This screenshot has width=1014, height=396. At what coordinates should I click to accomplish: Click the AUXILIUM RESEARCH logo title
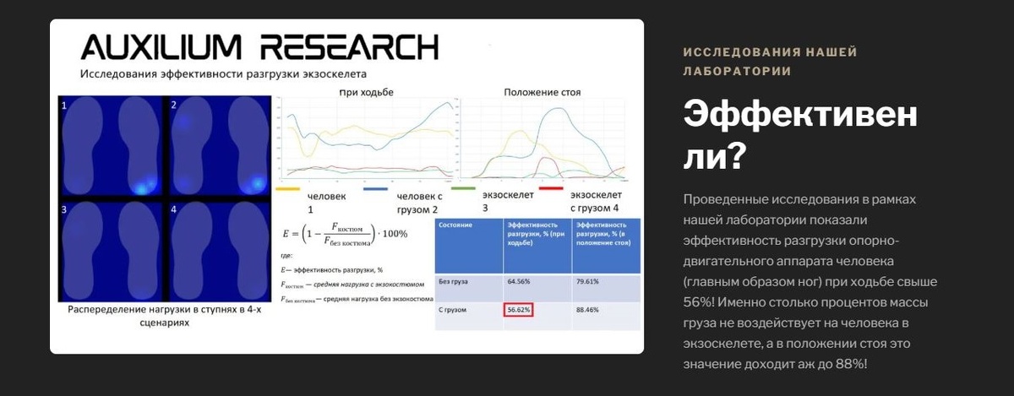tap(259, 46)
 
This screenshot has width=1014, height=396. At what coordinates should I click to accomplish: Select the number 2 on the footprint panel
tap(173, 106)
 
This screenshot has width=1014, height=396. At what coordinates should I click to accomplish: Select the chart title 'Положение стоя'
tap(542, 91)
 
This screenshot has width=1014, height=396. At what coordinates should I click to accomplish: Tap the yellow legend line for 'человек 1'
tap(289, 190)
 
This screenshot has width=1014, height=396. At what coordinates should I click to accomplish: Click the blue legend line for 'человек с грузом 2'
tap(375, 190)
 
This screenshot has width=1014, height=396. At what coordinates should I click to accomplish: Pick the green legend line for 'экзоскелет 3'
tap(464, 190)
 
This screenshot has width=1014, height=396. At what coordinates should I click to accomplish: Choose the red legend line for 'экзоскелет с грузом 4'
tap(551, 190)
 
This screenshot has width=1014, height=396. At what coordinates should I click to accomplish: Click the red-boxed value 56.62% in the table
tap(519, 310)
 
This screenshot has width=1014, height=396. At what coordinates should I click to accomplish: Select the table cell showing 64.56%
tap(518, 280)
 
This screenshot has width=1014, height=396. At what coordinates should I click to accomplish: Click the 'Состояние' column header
tap(455, 225)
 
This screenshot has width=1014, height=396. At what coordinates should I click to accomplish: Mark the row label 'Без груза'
tap(454, 280)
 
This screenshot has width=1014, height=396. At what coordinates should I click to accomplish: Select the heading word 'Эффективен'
tap(799, 116)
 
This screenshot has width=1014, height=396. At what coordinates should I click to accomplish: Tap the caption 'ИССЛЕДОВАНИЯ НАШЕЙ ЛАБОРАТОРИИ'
tap(770, 62)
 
